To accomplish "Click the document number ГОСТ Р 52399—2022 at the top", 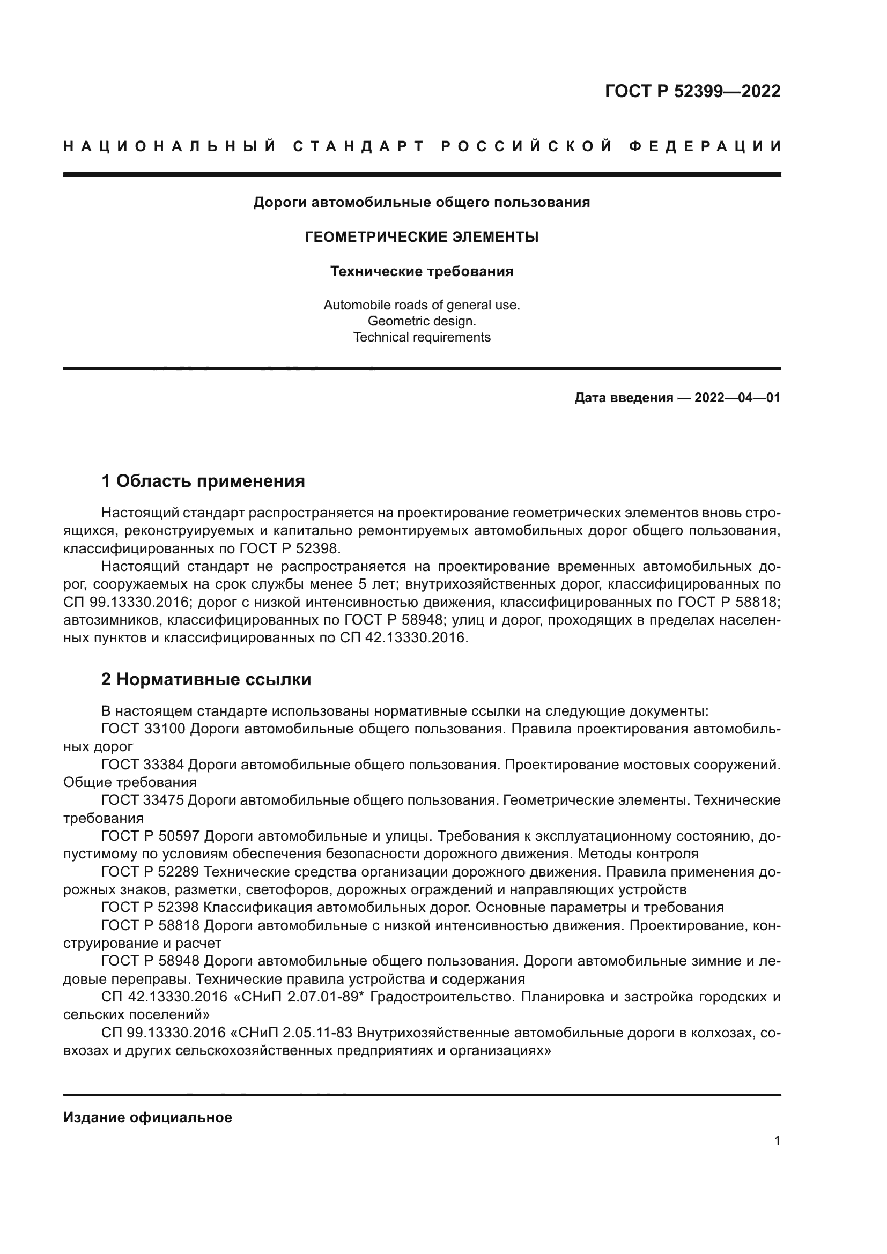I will point(692,91).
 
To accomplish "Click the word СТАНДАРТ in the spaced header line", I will point(358,146).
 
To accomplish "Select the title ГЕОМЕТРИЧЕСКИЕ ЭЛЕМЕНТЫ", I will point(422,237).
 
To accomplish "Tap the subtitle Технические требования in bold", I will point(422,271).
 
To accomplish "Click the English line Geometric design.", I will point(422,321).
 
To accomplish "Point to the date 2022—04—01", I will point(737,398).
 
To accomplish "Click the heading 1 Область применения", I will point(203,481).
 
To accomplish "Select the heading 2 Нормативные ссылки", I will point(206,679).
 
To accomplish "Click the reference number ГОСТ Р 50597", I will point(151,836).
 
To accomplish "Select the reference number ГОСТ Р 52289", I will point(151,872).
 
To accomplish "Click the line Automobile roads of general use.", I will point(422,305).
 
